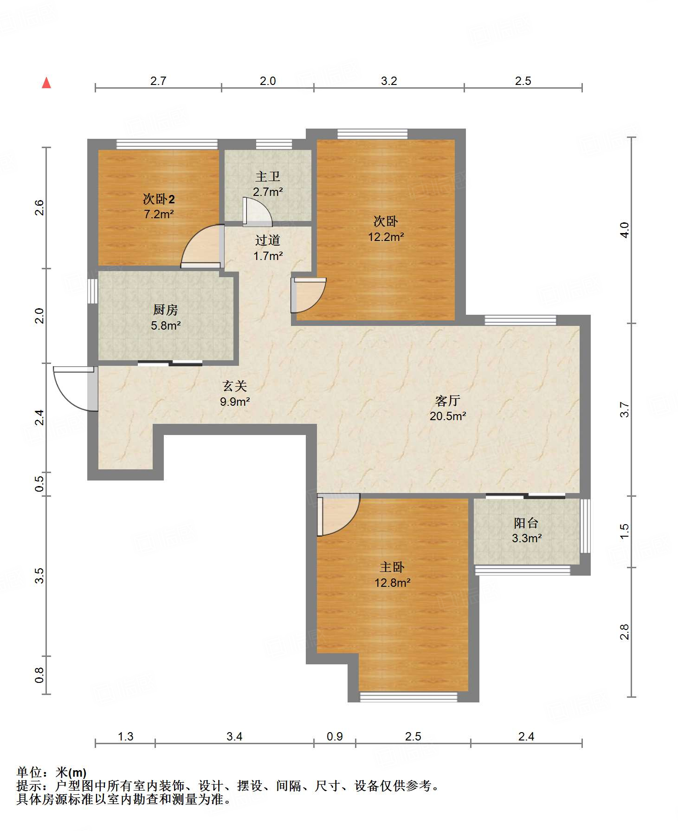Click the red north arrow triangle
click(46, 83)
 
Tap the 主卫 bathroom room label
click(268, 176)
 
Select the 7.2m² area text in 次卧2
click(159, 214)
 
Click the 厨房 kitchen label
click(166, 310)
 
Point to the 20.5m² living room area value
click(448, 416)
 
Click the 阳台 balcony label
click(526, 523)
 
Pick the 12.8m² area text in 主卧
click(393, 583)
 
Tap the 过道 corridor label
click(268, 240)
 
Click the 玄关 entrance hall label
click(234, 386)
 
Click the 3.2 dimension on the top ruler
click(389, 81)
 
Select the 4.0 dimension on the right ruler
click(625, 230)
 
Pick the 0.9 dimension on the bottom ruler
click(335, 736)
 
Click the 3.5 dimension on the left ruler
click(40, 576)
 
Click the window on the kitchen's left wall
click(93, 291)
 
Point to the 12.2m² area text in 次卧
click(386, 237)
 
